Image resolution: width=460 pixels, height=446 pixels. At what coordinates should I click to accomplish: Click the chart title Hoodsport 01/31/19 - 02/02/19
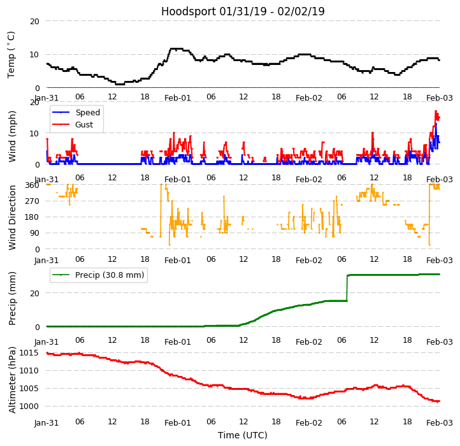coord(243,11)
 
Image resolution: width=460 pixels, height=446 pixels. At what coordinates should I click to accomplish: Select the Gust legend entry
coord(84,125)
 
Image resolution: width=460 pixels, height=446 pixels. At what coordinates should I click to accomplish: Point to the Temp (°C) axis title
coord(11,54)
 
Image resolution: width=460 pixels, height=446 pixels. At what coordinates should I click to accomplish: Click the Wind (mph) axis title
coord(12,136)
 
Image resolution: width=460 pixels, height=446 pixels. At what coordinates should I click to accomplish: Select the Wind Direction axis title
coord(12,217)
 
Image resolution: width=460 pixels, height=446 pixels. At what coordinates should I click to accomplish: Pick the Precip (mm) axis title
coord(12,298)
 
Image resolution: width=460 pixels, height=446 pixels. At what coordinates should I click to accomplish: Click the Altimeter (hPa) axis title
coord(12,380)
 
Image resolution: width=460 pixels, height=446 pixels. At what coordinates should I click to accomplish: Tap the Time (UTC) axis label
coord(243,435)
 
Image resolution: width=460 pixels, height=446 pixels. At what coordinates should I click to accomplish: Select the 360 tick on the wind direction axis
coord(32,185)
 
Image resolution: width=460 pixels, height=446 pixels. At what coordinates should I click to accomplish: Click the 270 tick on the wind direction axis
coord(32,201)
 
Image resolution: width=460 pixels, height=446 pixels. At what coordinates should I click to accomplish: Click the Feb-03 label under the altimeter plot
coord(440,422)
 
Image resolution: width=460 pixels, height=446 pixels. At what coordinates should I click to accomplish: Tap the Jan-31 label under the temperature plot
coord(47,97)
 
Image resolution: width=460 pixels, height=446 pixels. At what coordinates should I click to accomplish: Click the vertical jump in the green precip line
coord(347,288)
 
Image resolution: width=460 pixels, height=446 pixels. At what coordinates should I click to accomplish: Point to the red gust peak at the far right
coord(436,112)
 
